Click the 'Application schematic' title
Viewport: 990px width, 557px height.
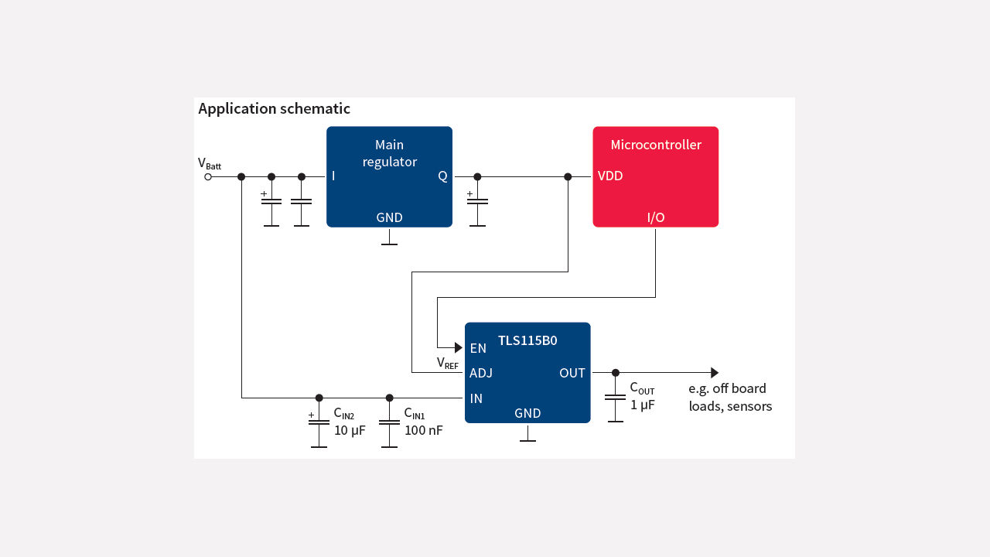tap(274, 109)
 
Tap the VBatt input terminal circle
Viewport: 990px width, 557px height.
tap(207, 177)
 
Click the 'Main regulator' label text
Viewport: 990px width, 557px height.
tap(389, 153)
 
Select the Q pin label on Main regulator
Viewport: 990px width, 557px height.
tap(442, 176)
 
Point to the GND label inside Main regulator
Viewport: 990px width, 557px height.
tap(389, 217)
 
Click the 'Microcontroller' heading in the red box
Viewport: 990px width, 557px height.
tap(655, 145)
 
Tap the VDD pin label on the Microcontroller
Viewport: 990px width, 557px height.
tap(610, 176)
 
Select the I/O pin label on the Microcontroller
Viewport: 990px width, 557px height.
tap(655, 217)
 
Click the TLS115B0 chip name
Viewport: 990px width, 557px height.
tap(527, 340)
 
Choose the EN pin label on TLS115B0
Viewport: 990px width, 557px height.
tap(478, 348)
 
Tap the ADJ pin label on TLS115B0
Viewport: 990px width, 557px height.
tap(480, 373)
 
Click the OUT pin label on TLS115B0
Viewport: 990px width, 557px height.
tap(572, 373)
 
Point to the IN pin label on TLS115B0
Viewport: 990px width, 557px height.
tap(476, 398)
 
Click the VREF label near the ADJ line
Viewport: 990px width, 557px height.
tap(447, 363)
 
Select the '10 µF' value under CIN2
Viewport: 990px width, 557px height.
tap(350, 430)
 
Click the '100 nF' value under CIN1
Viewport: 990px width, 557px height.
tap(423, 430)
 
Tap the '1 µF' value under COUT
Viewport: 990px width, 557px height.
tap(642, 405)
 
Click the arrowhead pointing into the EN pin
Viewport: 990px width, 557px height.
tap(458, 348)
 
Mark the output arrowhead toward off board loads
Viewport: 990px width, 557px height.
tap(715, 373)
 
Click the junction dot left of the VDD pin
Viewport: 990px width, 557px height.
tap(568, 177)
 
